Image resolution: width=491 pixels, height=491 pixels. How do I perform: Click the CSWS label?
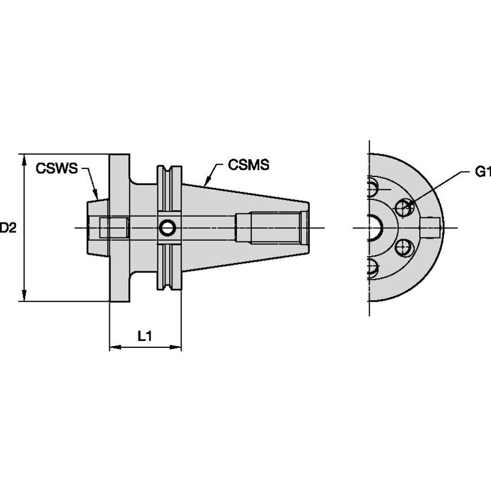56,168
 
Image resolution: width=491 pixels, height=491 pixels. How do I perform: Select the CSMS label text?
248,165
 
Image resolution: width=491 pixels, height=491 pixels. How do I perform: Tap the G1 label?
484,172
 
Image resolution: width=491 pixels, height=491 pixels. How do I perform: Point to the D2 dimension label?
7,228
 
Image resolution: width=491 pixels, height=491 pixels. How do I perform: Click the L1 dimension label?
145,337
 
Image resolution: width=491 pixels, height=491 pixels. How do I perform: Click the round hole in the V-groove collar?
167,228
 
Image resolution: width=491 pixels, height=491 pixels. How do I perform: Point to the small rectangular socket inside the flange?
113,228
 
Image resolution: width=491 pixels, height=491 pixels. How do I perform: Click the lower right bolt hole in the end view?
404,248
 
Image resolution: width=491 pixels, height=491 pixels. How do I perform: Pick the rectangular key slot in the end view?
432,227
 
